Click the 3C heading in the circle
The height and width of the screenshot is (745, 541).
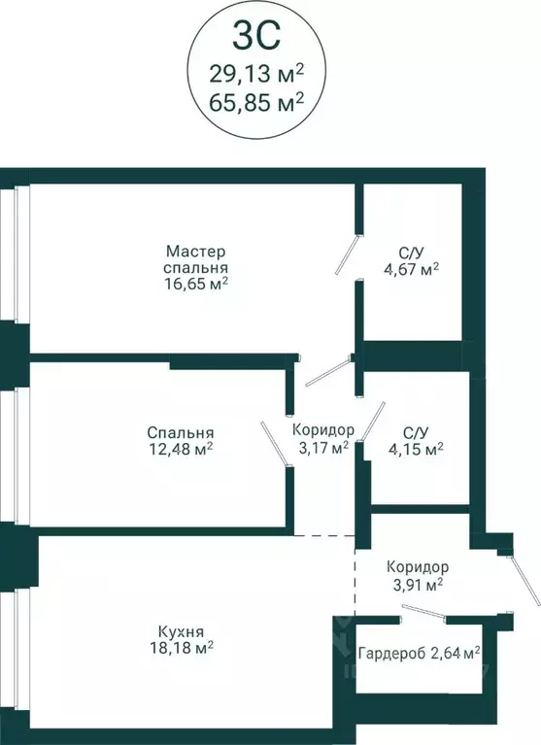[x=256, y=36]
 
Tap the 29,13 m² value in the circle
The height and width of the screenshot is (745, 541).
[x=256, y=74]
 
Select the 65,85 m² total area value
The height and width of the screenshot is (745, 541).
[x=256, y=102]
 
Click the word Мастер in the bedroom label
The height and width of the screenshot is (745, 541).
[x=195, y=251]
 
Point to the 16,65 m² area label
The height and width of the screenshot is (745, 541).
[x=195, y=285]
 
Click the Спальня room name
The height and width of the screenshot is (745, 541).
[x=181, y=433]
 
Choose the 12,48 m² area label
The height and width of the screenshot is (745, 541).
[x=181, y=449]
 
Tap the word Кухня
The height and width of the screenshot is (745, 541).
[x=181, y=632]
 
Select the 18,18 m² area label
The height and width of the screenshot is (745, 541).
[x=181, y=648]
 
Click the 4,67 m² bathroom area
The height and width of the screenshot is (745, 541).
[x=411, y=270]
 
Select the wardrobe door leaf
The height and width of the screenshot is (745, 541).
[x=423, y=611]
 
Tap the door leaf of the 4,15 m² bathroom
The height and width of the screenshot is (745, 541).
[x=373, y=422]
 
